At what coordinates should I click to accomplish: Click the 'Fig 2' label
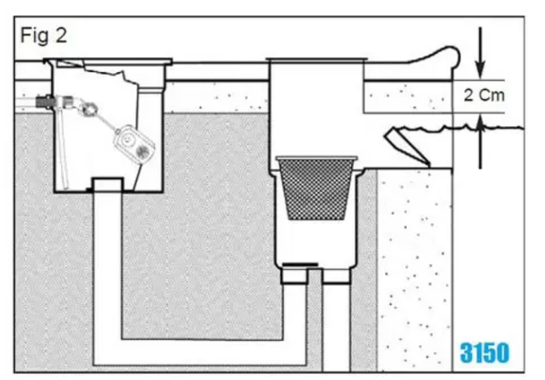[44, 36]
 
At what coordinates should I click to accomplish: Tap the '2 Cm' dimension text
[484, 95]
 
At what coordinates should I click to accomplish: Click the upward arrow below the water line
[480, 145]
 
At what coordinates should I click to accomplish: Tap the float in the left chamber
[134, 141]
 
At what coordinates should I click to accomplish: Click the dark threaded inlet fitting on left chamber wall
[43, 101]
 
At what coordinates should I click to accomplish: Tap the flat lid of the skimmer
[317, 60]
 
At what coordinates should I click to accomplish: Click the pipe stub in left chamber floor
[107, 185]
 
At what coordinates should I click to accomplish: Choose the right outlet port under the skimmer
[336, 276]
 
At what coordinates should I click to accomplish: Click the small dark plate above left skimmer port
[300, 264]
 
